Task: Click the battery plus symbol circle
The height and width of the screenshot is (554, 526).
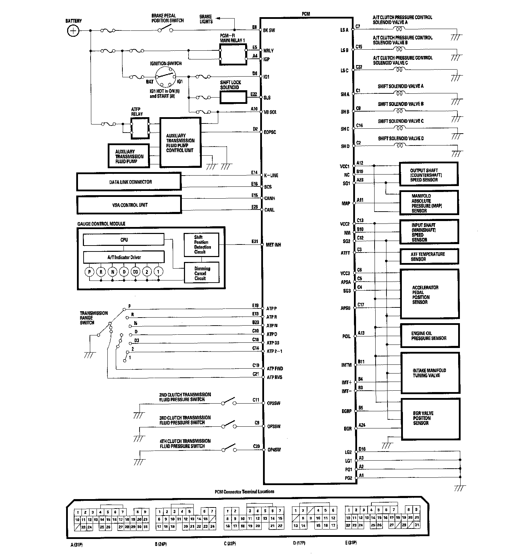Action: (73, 31)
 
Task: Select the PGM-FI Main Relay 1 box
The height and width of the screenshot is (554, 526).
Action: (233, 54)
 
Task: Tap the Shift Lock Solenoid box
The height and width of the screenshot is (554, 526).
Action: (233, 97)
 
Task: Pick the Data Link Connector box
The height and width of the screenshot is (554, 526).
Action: (129, 182)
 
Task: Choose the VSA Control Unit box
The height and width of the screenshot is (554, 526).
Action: (129, 205)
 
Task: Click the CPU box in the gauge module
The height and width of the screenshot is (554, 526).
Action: (123, 240)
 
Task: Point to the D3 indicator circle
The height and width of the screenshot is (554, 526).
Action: (135, 272)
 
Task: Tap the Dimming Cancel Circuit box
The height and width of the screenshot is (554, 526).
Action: (202, 274)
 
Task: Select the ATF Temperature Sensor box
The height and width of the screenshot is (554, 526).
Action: (429, 256)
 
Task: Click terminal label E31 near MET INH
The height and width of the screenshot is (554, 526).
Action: (255, 241)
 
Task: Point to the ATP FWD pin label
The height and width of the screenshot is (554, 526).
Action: (275, 369)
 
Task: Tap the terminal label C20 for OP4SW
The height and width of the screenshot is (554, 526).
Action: (256, 446)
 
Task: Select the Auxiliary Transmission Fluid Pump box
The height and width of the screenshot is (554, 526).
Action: (128, 156)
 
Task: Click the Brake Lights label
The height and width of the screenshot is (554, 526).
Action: (206, 19)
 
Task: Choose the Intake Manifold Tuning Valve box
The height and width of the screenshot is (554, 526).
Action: (429, 373)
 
